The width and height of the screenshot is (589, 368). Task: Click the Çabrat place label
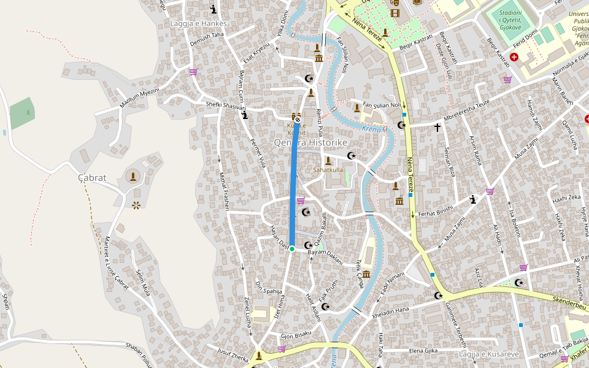pyautogui.click(x=92, y=178)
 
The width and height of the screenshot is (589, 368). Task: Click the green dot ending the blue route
pyautogui.click(x=292, y=248)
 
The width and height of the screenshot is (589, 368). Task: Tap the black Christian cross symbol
pyautogui.click(x=437, y=128)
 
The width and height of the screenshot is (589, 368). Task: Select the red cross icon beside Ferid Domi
pyautogui.click(x=514, y=57)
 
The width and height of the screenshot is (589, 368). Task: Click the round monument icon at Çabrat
pyautogui.click(x=132, y=177)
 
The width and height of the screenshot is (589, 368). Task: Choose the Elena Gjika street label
pyautogui.click(x=423, y=351)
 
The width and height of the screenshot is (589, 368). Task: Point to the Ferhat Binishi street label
pyautogui.click(x=435, y=212)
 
